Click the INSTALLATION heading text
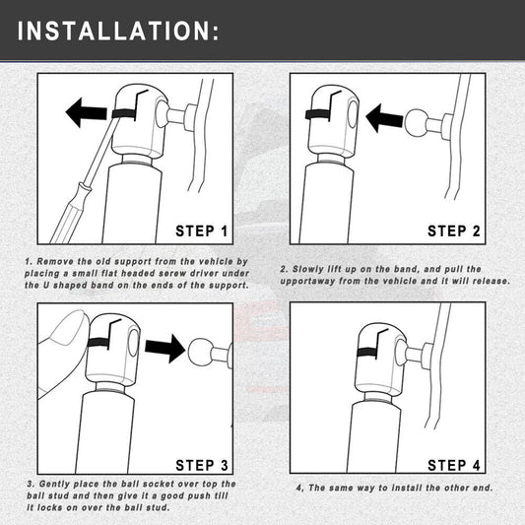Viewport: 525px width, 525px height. click(118, 31)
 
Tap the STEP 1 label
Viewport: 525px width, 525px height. click(202, 231)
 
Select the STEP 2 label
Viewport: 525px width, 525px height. click(454, 231)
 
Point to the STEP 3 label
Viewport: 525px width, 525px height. click(202, 465)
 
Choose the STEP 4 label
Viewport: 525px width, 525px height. click(454, 465)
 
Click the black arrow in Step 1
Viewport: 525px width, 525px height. click(87, 112)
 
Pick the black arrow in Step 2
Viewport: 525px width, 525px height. click(384, 118)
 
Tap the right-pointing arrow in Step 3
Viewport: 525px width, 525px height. click(164, 349)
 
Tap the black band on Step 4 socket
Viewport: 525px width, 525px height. click(367, 353)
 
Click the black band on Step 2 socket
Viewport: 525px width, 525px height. click(317, 115)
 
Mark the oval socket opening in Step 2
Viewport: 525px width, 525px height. click(353, 114)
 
